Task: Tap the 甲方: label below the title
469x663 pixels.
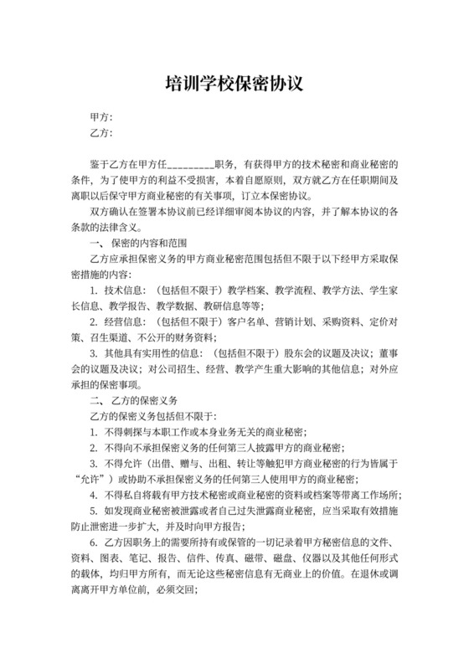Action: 100,117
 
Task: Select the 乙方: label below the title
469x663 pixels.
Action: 100,134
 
